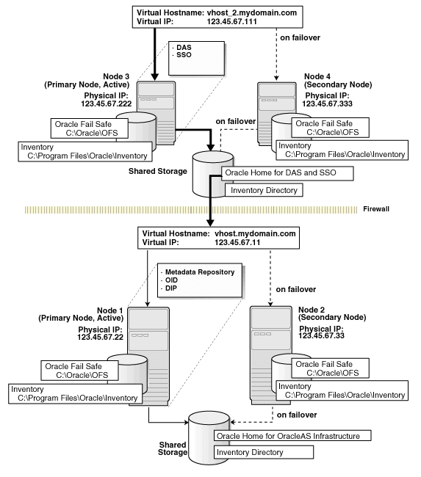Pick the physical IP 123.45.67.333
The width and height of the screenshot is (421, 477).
329,104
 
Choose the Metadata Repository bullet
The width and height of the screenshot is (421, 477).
200,272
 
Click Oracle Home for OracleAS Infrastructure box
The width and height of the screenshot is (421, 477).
292,436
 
